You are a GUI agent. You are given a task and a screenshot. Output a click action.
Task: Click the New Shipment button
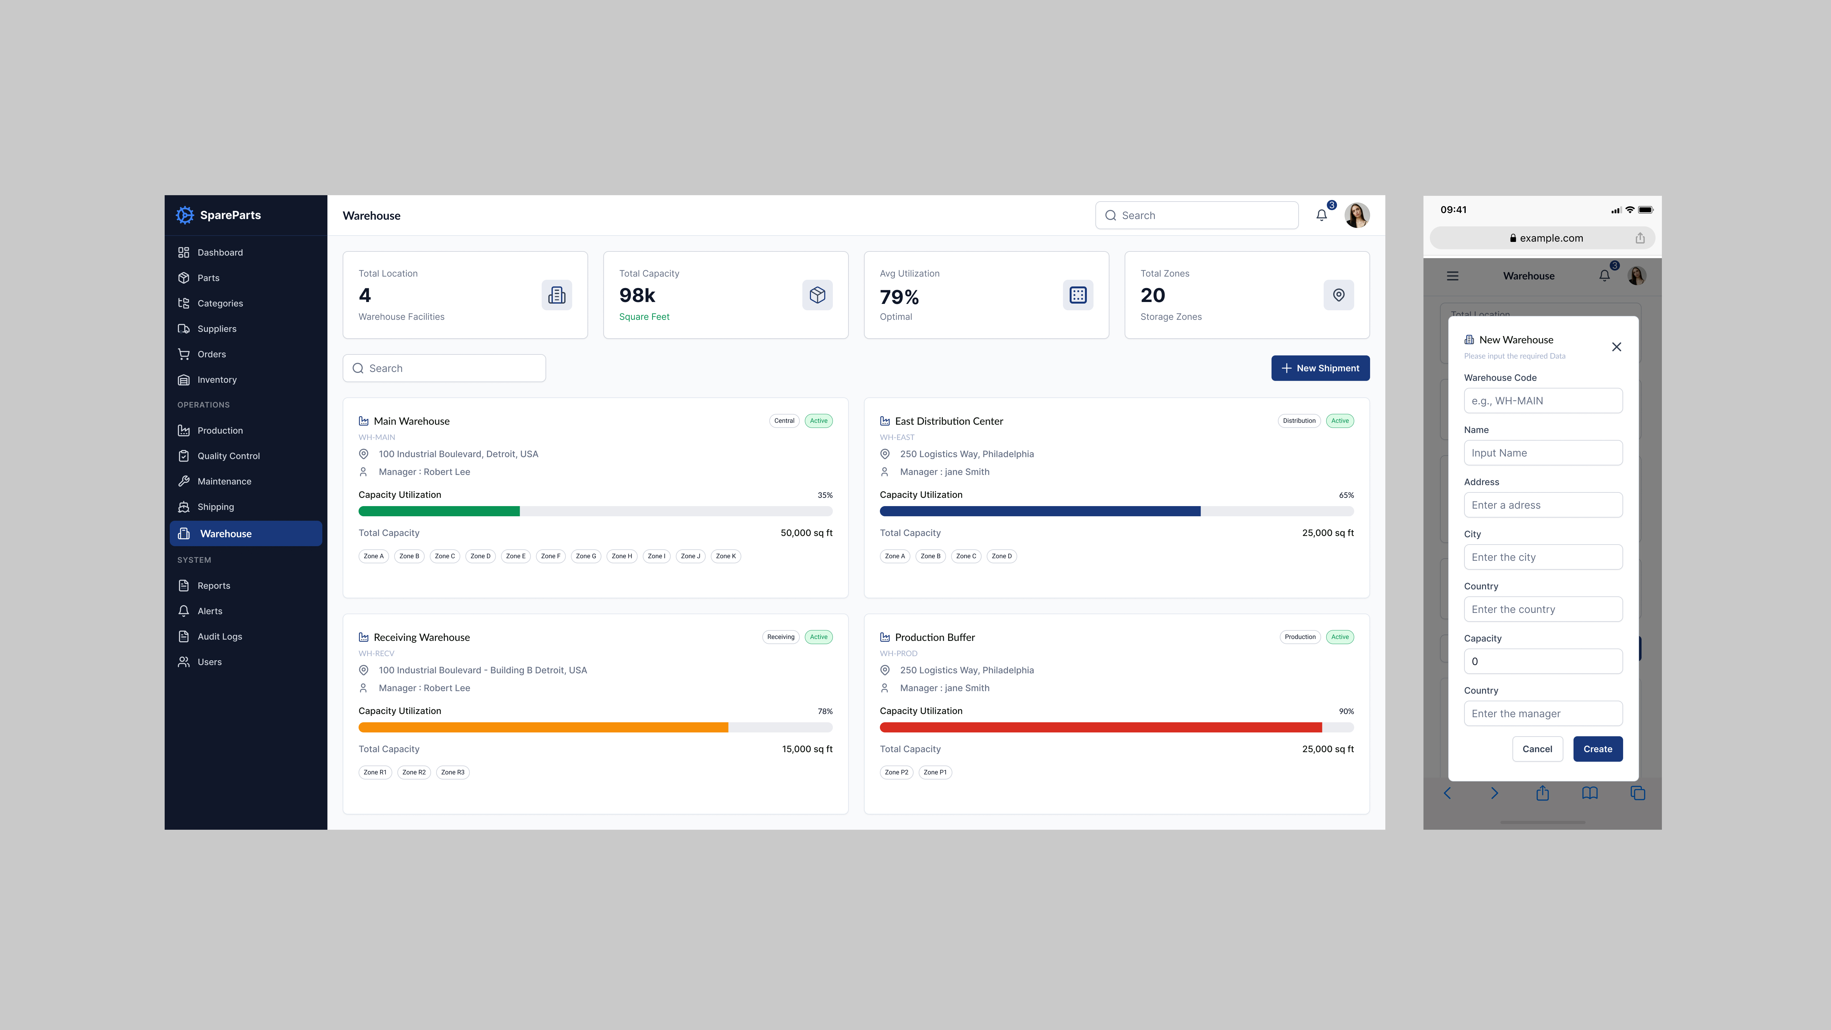pyautogui.click(x=1320, y=368)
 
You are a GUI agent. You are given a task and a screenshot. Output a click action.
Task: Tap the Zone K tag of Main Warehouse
pyautogui.click(x=726, y=556)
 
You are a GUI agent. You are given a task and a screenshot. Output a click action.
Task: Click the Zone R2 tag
pyautogui.click(x=414, y=772)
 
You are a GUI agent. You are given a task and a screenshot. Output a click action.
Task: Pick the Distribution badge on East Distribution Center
pyautogui.click(x=1299, y=421)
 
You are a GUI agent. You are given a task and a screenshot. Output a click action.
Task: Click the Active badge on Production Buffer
pyautogui.click(x=1340, y=637)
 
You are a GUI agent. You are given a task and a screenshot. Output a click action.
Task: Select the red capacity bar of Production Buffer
pyautogui.click(x=1100, y=727)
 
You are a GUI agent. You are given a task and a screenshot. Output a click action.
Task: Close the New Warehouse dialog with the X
pyautogui.click(x=1616, y=347)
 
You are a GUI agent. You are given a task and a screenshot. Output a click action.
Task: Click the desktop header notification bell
pyautogui.click(x=1321, y=216)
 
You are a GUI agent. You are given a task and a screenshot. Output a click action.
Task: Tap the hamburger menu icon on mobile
pyautogui.click(x=1452, y=276)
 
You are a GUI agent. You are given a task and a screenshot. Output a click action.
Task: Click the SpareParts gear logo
pyautogui.click(x=185, y=215)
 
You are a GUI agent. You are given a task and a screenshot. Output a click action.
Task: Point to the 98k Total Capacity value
pyautogui.click(x=637, y=295)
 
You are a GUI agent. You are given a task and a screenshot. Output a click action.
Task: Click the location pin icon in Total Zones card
pyautogui.click(x=1338, y=295)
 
